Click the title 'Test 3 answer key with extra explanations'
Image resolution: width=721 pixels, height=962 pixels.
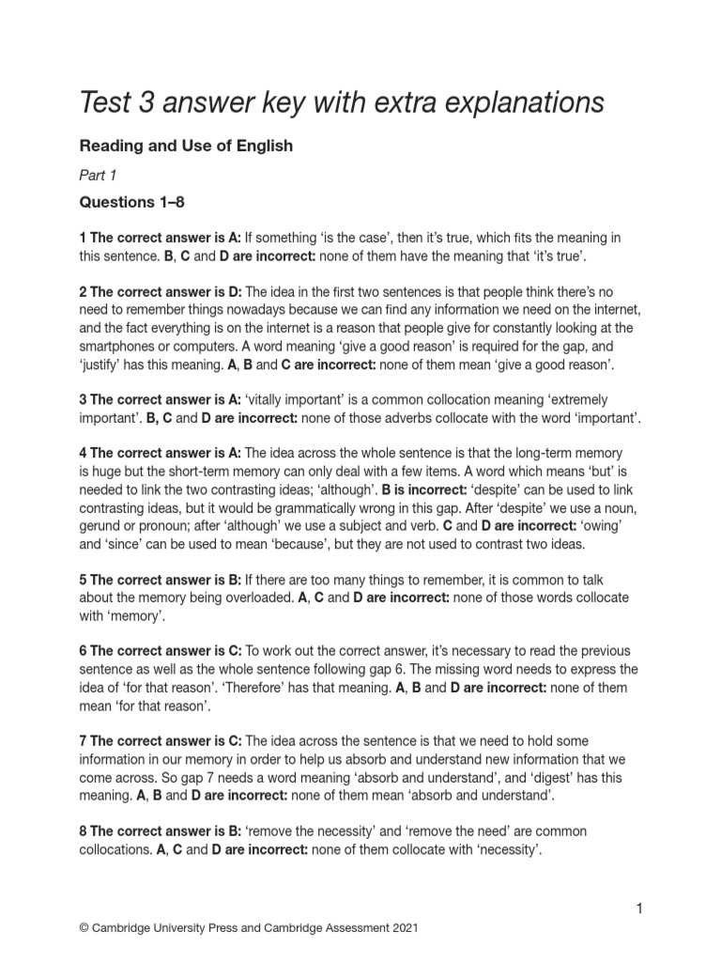coord(342,102)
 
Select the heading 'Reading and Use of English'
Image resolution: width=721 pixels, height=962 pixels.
coord(186,146)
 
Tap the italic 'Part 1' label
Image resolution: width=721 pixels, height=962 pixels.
coord(99,175)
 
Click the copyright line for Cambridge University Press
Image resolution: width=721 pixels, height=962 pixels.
coord(249,928)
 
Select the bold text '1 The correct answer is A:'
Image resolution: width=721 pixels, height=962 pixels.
coord(161,238)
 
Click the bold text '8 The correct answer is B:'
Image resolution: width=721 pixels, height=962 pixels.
coord(161,831)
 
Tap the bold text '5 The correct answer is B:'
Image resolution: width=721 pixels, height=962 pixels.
coord(161,580)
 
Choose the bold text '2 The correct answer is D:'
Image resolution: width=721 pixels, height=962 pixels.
coord(161,291)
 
